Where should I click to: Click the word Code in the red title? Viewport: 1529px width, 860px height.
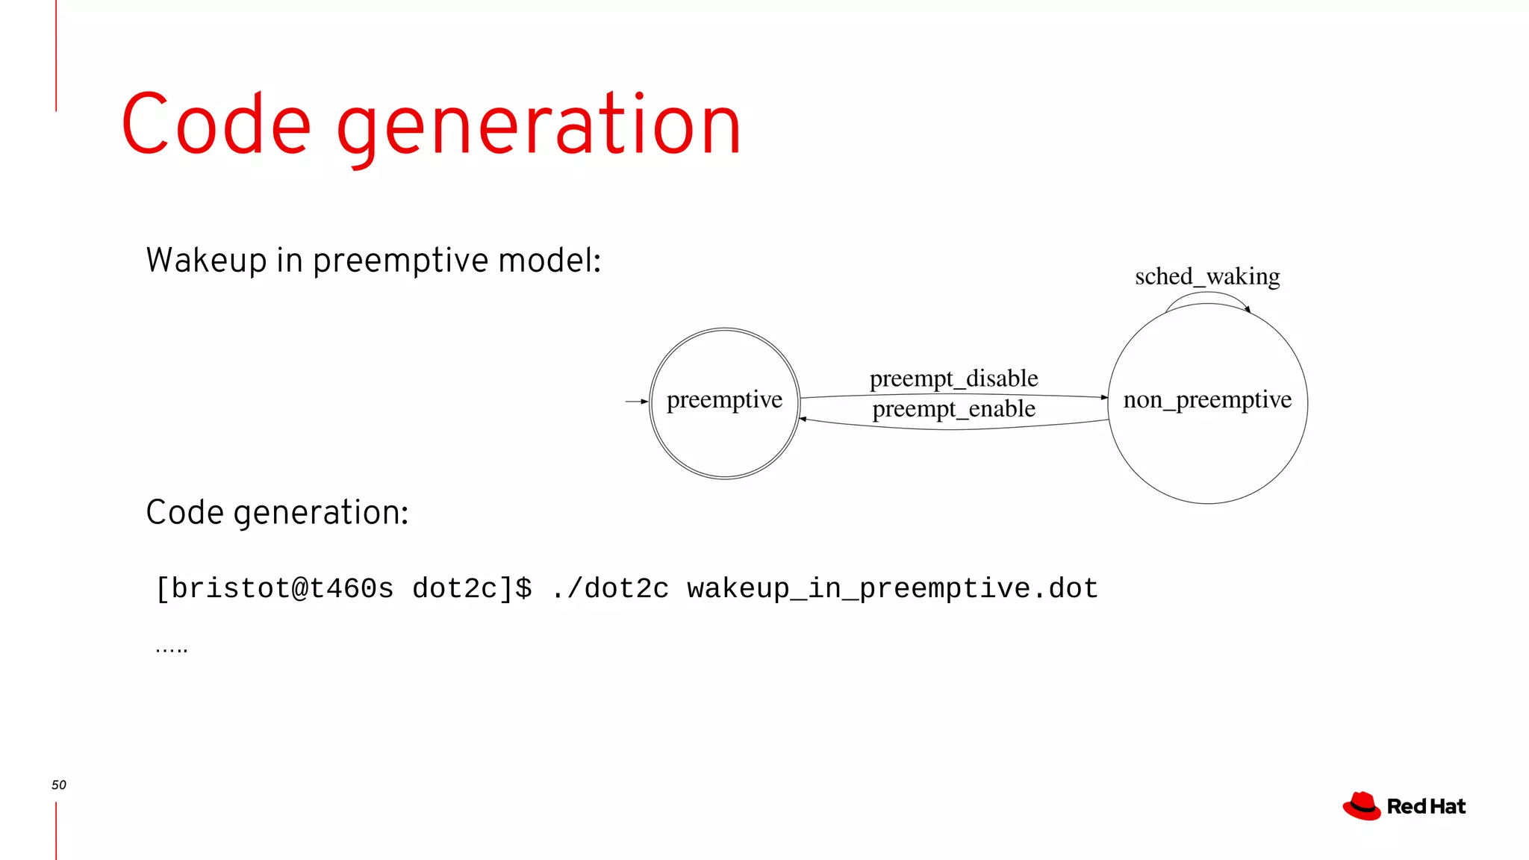217,125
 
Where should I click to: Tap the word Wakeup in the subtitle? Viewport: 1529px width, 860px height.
207,261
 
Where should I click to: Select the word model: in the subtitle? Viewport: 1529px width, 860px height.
549,261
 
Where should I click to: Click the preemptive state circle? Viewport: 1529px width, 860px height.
724,440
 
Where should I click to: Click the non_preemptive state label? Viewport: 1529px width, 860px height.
1207,400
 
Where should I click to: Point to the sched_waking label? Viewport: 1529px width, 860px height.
1207,277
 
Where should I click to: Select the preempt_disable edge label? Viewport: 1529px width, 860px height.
953,378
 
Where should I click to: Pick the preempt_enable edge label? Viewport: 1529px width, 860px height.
953,409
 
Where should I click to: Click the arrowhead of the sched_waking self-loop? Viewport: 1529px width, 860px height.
1248,309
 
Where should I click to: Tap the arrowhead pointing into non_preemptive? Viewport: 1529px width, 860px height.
1104,397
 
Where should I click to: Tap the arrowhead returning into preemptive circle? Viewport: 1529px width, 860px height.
803,419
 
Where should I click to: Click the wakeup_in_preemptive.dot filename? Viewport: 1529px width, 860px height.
892,589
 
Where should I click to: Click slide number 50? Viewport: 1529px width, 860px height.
59,785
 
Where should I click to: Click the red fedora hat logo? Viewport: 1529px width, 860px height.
1362,806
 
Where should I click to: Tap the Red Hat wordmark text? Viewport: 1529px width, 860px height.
1426,807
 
